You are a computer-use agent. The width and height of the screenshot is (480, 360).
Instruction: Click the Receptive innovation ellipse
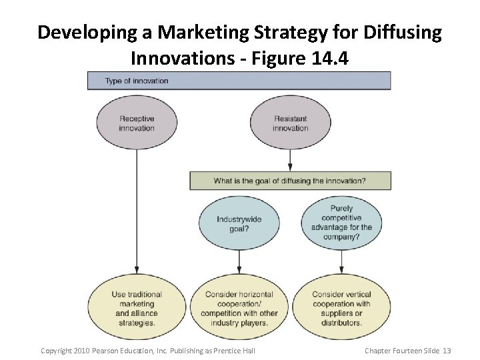point(137,123)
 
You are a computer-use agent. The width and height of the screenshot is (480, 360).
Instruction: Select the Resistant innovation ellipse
point(290,123)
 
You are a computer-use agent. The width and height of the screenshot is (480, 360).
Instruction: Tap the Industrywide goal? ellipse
point(239,224)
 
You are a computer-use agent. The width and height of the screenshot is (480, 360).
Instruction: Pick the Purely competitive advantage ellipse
point(341,223)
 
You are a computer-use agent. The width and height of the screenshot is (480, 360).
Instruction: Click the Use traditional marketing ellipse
point(137,308)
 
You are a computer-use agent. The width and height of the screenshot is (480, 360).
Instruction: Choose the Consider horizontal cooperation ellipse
point(240,308)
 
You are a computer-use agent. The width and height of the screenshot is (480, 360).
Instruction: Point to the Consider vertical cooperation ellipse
point(341,308)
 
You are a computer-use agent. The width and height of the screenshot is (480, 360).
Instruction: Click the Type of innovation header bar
point(239,81)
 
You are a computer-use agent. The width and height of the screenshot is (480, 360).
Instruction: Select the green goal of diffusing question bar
point(290,181)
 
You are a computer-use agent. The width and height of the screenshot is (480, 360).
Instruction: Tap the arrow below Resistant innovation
point(290,161)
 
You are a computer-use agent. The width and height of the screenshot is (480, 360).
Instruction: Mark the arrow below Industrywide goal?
point(239,263)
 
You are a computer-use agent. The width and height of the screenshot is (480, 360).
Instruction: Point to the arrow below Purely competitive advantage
point(341,263)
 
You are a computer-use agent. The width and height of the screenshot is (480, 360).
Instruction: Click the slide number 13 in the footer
point(447,351)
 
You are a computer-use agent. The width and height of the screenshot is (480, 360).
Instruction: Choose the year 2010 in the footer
point(80,351)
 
